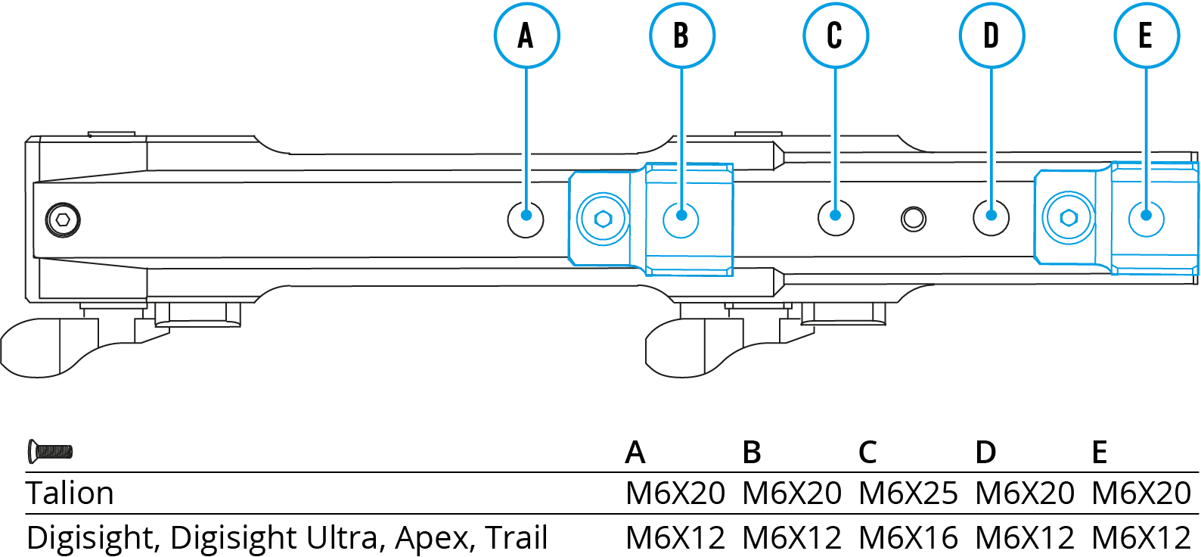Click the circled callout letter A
526,36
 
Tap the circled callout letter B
681,36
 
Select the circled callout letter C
835,36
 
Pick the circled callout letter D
992,36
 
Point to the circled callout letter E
1146,36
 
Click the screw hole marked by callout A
526,219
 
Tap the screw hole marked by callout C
836,217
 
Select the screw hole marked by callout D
991,217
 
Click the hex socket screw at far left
63,220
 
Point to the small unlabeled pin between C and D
914,219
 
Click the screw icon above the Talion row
50,452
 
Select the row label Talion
70,493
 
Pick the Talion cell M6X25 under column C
908,493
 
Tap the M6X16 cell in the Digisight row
908,538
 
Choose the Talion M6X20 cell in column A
675,493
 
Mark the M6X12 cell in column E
1141,538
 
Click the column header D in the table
985,453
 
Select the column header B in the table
752,453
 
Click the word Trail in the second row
517,538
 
